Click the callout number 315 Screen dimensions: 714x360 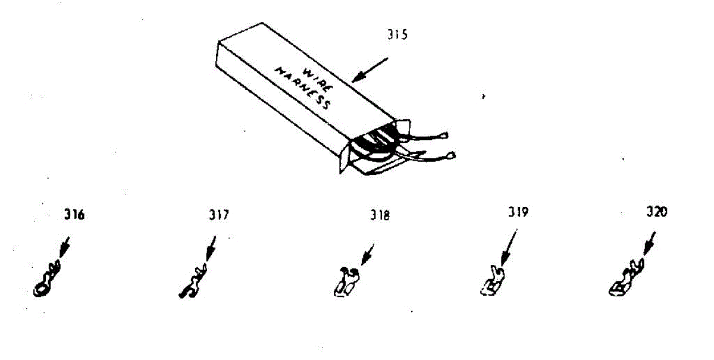pyautogui.click(x=397, y=35)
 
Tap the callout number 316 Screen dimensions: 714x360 pyautogui.click(x=74, y=215)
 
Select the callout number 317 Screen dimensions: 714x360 pyautogui.click(x=219, y=215)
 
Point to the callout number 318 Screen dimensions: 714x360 pyautogui.click(x=380, y=216)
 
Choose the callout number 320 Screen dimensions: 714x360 pyautogui.click(x=657, y=212)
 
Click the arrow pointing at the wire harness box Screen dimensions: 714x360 pyautogui.click(x=369, y=70)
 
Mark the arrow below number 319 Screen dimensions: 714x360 pyautogui.click(x=509, y=247)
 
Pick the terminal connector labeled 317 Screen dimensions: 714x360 pyautogui.click(x=192, y=284)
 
